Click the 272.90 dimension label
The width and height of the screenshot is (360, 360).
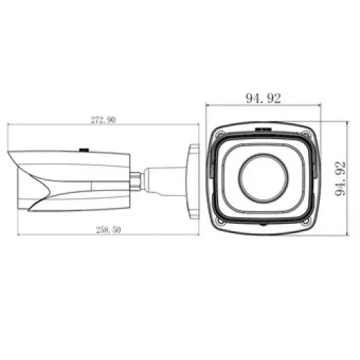(103, 120)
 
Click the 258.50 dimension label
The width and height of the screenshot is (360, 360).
(109, 230)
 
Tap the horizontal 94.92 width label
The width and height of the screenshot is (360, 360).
(264, 98)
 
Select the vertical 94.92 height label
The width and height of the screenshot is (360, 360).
(341, 179)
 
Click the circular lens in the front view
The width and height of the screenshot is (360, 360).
(264, 179)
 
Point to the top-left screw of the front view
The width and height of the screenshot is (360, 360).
(220, 135)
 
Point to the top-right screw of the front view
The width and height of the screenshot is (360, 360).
(306, 135)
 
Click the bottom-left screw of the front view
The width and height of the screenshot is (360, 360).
(220, 221)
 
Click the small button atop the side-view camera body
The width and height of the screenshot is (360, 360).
(84, 150)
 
